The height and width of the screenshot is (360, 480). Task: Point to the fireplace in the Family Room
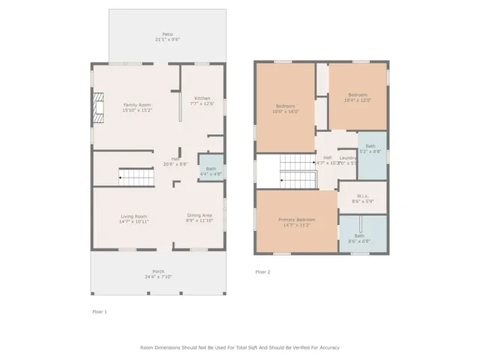coord(100,106)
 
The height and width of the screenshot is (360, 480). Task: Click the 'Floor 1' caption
coord(99,311)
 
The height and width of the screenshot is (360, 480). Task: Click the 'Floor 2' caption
coord(262,271)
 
